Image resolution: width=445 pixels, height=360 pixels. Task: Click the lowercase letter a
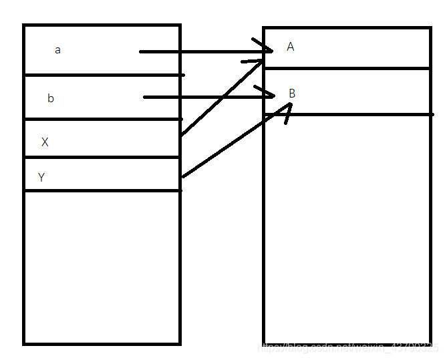click(x=57, y=50)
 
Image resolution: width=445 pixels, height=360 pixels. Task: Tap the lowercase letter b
click(x=51, y=99)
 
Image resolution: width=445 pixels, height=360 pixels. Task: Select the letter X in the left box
click(x=45, y=142)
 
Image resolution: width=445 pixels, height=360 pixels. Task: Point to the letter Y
click(x=41, y=178)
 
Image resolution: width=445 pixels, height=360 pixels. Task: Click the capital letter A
click(x=290, y=47)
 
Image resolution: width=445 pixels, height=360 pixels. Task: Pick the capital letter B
click(x=292, y=94)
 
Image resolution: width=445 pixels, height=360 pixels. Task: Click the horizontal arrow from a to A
click(x=200, y=51)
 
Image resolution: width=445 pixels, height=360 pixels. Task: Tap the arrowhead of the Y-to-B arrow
click(x=283, y=114)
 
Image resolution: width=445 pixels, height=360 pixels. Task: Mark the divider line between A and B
click(x=347, y=67)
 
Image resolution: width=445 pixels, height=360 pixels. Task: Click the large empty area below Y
click(x=102, y=267)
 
